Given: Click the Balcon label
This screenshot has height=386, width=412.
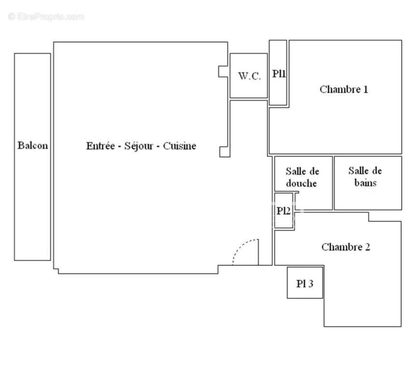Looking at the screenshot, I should (x=33, y=145).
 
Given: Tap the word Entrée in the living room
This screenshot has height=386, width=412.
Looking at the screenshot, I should (x=100, y=146).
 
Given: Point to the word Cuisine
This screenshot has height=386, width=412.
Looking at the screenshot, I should (x=179, y=146).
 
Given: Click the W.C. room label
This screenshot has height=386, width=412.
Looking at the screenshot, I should (x=249, y=76).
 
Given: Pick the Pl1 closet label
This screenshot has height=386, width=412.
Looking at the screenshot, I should (x=279, y=74).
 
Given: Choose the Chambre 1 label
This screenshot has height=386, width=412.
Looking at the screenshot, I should (x=343, y=89).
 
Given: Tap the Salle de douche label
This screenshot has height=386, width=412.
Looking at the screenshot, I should (x=302, y=177).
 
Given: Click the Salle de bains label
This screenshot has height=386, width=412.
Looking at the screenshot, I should (x=365, y=177).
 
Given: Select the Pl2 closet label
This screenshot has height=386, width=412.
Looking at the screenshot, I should (x=284, y=211).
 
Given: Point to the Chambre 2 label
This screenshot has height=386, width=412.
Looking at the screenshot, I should (x=345, y=247).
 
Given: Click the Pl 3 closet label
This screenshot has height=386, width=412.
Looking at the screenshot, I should (x=305, y=283).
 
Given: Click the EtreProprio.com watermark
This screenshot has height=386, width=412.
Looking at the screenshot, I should (x=46, y=16).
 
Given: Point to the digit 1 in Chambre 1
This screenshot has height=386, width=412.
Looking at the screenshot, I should (x=365, y=89).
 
